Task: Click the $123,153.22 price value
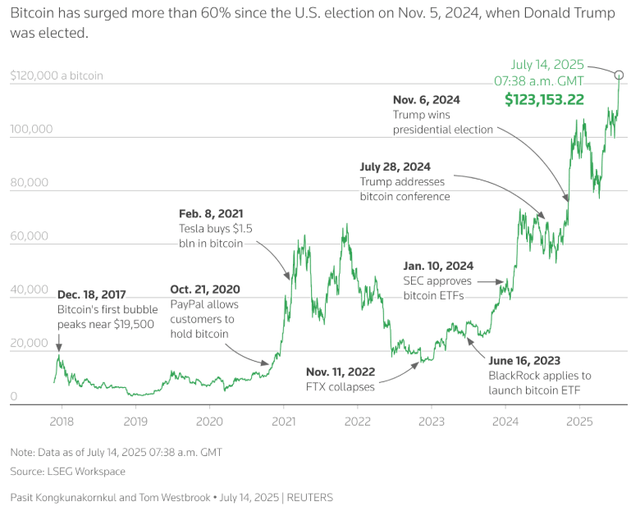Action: tap(544, 100)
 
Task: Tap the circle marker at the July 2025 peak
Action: tap(619, 75)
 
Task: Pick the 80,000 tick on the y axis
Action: tap(32, 183)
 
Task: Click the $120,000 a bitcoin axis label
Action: tap(57, 75)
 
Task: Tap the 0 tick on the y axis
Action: tap(14, 397)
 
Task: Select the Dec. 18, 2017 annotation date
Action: tap(91, 294)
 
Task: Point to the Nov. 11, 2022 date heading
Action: tap(341, 371)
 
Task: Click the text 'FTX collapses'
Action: tap(341, 386)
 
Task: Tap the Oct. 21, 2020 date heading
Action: tap(205, 289)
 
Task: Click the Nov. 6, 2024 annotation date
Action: tap(427, 99)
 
